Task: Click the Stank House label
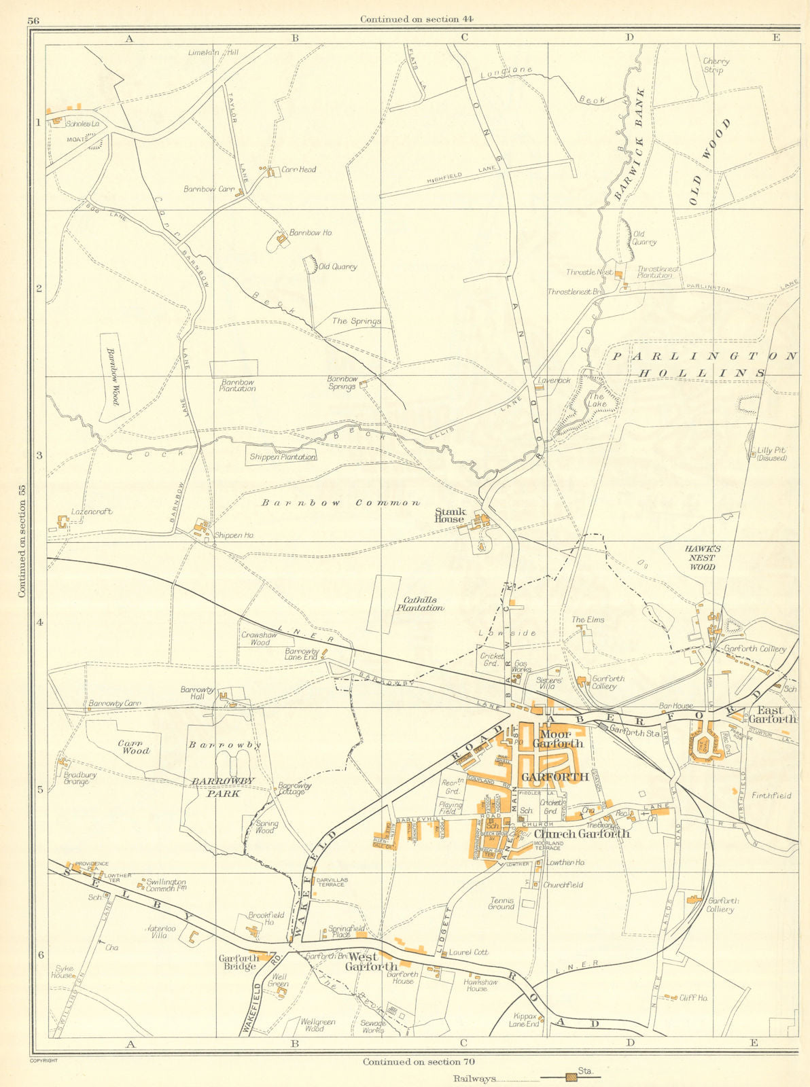(x=451, y=516)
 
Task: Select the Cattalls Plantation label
(x=420, y=604)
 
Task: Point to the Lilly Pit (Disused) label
(x=771, y=454)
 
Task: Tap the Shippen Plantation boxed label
(x=282, y=457)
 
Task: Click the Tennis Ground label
(x=501, y=904)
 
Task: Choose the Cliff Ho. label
(x=694, y=997)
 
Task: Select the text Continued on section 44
(x=417, y=19)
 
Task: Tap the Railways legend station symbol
(x=565, y=1077)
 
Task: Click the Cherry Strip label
(x=716, y=65)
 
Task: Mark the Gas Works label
(x=521, y=666)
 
